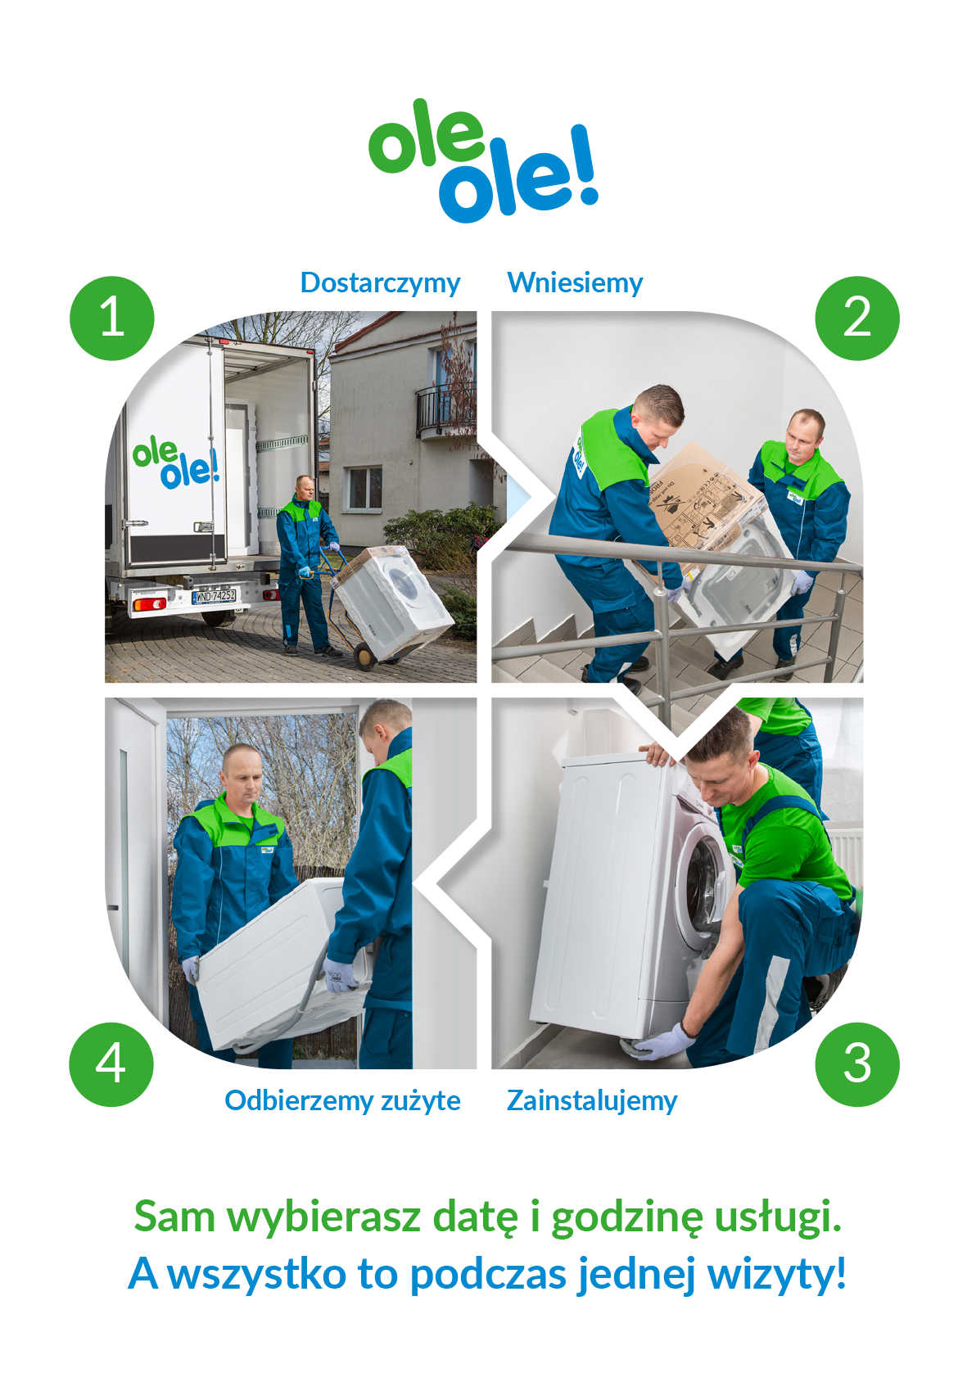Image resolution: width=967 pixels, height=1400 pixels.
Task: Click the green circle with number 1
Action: point(112,318)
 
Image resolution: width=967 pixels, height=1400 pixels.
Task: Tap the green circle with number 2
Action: point(857,318)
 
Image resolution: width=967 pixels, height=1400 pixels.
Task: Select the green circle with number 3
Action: point(857,1064)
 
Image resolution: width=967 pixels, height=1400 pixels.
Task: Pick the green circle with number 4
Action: point(111,1064)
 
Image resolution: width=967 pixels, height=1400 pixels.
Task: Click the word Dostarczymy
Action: point(380,284)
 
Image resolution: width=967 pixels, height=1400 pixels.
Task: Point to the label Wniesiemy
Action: point(575,282)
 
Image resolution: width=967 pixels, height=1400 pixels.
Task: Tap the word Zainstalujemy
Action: point(592,1101)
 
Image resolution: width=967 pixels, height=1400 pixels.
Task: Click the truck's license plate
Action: point(214,596)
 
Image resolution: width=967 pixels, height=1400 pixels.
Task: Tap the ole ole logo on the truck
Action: point(176,463)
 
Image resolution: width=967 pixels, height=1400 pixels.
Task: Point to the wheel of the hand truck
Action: point(364,657)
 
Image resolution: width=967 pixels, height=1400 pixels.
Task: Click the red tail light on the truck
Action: point(150,603)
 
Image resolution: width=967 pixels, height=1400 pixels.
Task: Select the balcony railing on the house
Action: point(445,409)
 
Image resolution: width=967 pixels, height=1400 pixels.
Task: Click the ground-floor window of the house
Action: point(364,489)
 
